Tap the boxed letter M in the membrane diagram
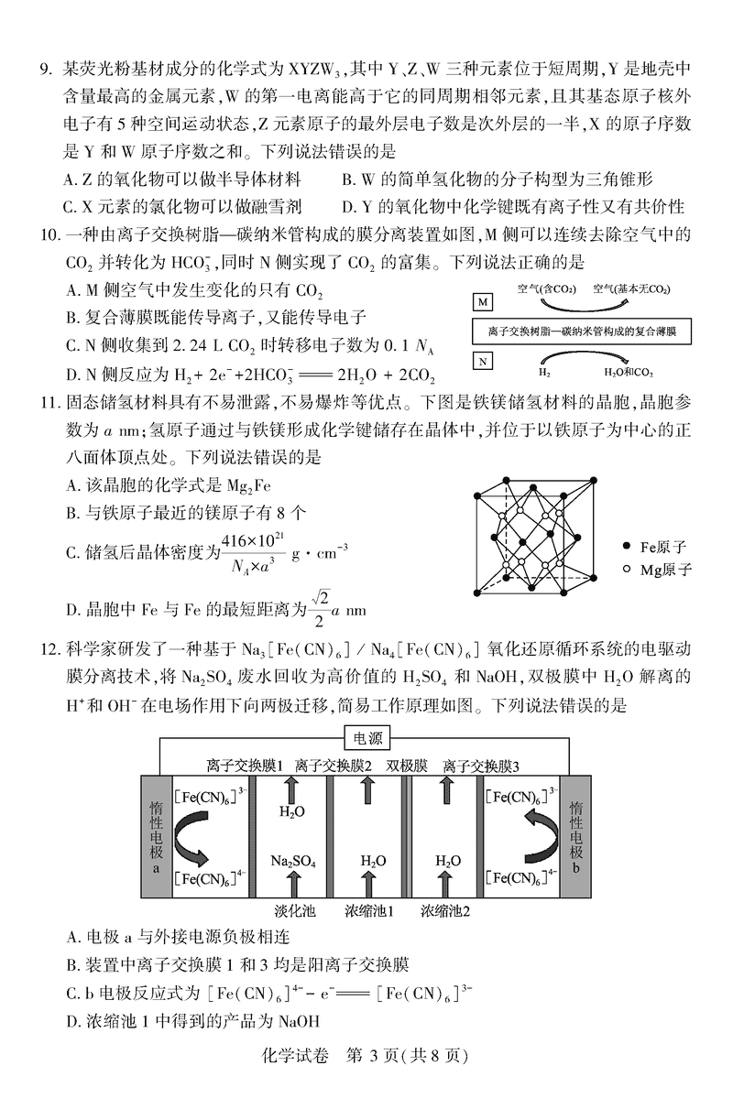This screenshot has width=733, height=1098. (x=482, y=302)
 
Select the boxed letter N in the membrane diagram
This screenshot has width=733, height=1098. (x=482, y=361)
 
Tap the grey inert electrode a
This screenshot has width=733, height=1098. (x=154, y=836)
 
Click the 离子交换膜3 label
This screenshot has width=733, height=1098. (x=481, y=766)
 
